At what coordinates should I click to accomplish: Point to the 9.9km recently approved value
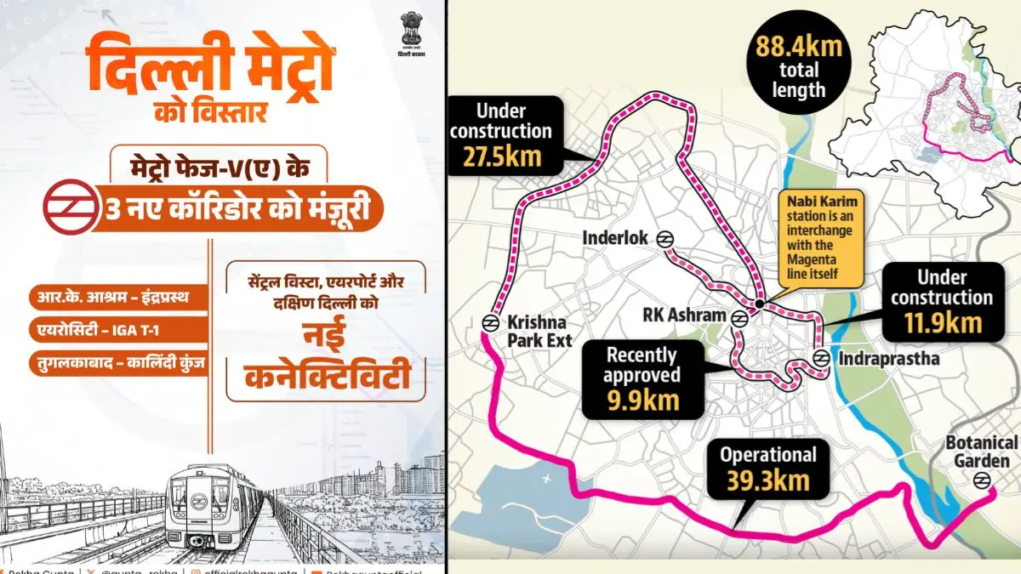pyautogui.click(x=642, y=399)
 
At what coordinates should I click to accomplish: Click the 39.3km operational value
pyautogui.click(x=769, y=481)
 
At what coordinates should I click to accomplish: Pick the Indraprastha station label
pyautogui.click(x=889, y=358)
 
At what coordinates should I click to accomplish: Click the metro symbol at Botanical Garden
pyautogui.click(x=981, y=480)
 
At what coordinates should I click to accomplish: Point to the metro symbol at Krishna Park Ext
pyautogui.click(x=489, y=322)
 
